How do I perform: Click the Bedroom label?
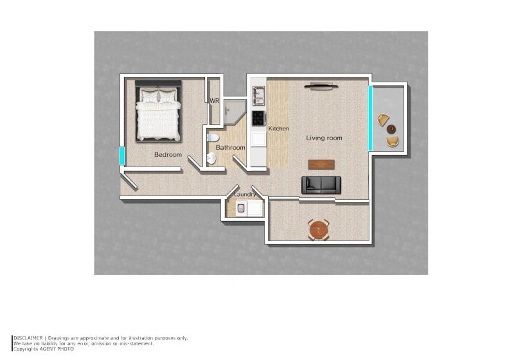coord(168,155)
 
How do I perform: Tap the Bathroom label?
coord(230,148)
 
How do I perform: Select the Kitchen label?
coord(279,129)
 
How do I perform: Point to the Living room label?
coord(324,138)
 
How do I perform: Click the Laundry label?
coord(245,194)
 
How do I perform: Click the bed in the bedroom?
coord(158,114)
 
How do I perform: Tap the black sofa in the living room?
coord(321,184)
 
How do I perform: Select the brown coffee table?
coord(321,164)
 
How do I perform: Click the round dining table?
coord(319,228)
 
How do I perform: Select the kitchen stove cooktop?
coord(258,118)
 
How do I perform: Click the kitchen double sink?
coord(258,96)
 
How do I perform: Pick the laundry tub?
coord(242,208)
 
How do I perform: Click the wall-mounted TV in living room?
coord(321,85)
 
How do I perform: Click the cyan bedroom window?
coord(121,156)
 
